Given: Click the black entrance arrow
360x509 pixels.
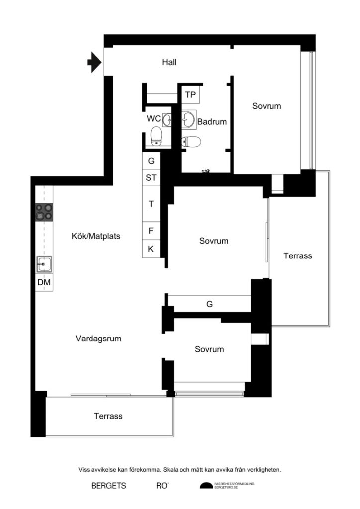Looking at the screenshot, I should click(x=93, y=63).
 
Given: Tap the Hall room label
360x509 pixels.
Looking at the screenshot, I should click(x=169, y=63).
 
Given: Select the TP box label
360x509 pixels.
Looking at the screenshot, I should click(x=190, y=95).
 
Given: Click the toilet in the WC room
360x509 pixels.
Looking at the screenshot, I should click(x=156, y=136).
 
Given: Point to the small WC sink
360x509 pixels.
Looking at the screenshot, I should click(x=167, y=119).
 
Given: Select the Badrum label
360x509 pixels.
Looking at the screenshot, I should click(x=212, y=121).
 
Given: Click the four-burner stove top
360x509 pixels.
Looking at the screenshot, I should click(x=44, y=212).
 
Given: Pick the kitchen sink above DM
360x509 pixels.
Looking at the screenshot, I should click(x=44, y=264).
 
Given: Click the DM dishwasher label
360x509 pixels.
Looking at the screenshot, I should click(x=44, y=283).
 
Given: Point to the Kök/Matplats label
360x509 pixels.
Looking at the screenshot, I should click(x=96, y=236).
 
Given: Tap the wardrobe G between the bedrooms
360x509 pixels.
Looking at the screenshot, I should click(x=209, y=304).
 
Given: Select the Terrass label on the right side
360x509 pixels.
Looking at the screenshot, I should click(x=298, y=256).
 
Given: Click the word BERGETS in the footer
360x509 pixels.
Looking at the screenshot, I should click(x=109, y=486).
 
